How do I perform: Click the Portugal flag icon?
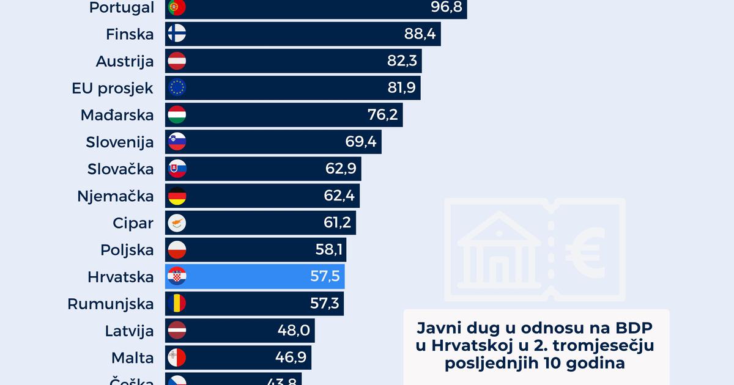click(x=177, y=7)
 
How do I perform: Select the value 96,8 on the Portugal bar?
click(x=446, y=7)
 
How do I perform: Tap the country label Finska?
click(x=128, y=34)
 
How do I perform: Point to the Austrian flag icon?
click(x=177, y=61)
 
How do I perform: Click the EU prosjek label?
click(x=113, y=88)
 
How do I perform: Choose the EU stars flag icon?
click(x=177, y=88)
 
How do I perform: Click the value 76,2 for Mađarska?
click(x=382, y=115)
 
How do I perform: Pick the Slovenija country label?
click(x=120, y=142)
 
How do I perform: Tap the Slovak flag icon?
click(x=177, y=169)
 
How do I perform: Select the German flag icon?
click(x=177, y=196)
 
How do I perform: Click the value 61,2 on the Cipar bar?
click(x=337, y=222)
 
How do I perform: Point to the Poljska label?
click(x=127, y=249)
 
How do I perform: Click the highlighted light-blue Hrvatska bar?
click(x=257, y=276)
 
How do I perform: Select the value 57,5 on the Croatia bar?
click(x=325, y=276)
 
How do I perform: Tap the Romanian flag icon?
click(x=177, y=303)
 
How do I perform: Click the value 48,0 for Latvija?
click(x=295, y=330)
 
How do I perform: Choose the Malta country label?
click(x=132, y=357)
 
